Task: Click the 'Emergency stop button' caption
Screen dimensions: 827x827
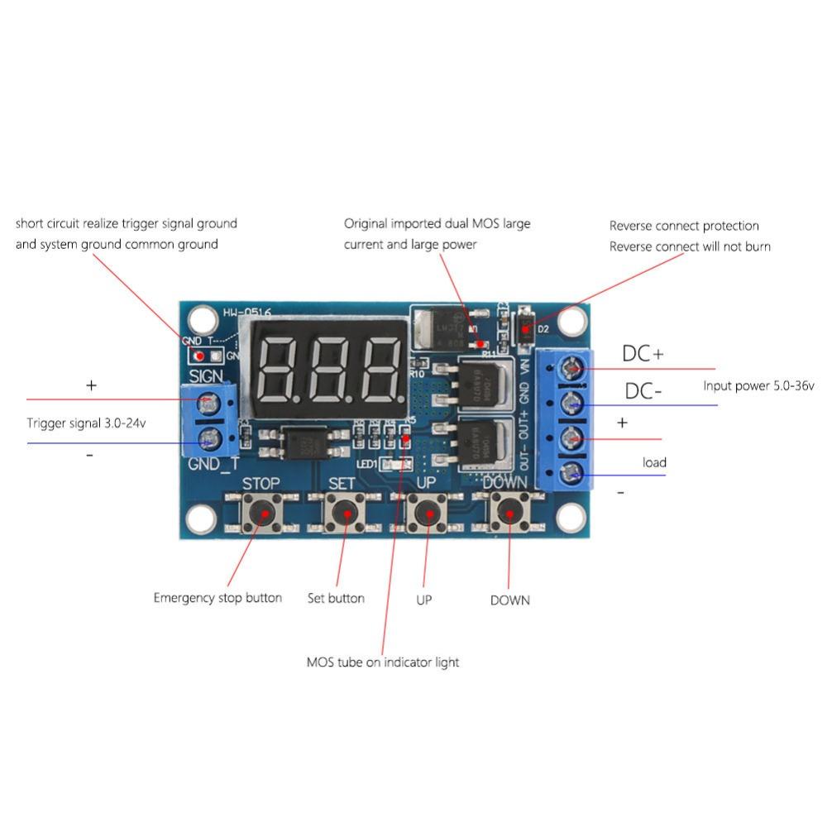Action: pyautogui.click(x=218, y=598)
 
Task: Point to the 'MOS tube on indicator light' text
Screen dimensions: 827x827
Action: pyautogui.click(x=382, y=662)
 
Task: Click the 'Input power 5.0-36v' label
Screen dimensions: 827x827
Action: pyautogui.click(x=758, y=386)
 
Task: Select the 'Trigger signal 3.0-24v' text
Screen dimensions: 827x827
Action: pyautogui.click(x=92, y=423)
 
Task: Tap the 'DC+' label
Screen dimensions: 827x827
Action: pyautogui.click(x=643, y=354)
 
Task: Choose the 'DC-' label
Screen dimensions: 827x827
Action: pyautogui.click(x=643, y=391)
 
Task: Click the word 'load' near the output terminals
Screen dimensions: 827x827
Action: pyautogui.click(x=654, y=462)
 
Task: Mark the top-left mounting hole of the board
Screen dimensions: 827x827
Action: pyautogui.click(x=199, y=319)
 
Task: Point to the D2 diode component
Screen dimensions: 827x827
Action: pyautogui.click(x=526, y=327)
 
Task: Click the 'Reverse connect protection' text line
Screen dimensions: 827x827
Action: pyautogui.click(x=683, y=226)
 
